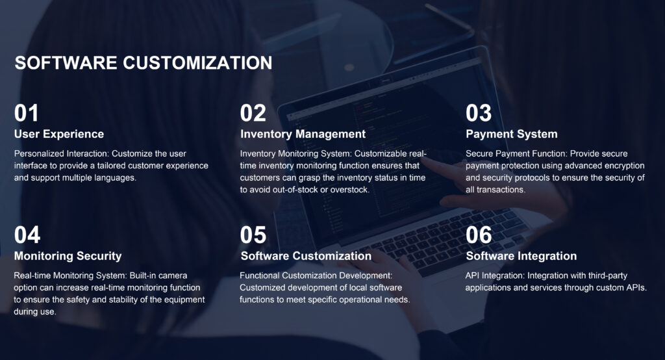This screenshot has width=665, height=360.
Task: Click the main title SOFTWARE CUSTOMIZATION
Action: pyautogui.click(x=144, y=63)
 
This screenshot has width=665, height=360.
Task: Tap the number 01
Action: pyautogui.click(x=26, y=113)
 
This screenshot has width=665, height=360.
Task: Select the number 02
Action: pyautogui.click(x=253, y=113)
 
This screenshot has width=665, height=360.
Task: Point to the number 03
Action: pyautogui.click(x=479, y=113)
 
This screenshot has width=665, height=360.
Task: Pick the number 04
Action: pyautogui.click(x=27, y=235)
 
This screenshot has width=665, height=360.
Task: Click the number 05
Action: pyautogui.click(x=253, y=235)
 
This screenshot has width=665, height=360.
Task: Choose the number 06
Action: pyautogui.click(x=479, y=235)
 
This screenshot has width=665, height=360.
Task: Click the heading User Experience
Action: pyautogui.click(x=59, y=134)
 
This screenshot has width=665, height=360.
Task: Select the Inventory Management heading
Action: pyautogui.click(x=303, y=134)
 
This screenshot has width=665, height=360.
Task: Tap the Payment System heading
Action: pyautogui.click(x=512, y=134)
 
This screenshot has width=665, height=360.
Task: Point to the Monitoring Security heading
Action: pyautogui.click(x=68, y=256)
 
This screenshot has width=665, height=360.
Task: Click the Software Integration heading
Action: pyautogui.click(x=521, y=256)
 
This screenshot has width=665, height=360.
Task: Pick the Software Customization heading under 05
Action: pyautogui.click(x=306, y=256)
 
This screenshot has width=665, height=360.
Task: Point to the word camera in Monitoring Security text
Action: pyautogui.click(x=174, y=276)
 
